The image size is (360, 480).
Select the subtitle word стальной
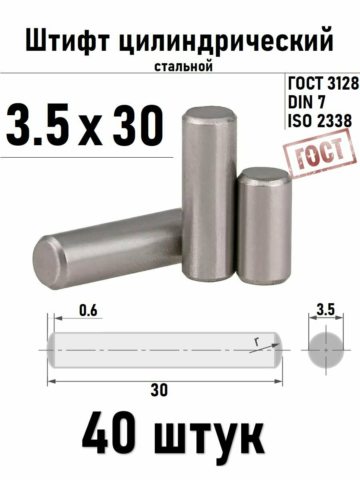183,66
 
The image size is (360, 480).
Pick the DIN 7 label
307,102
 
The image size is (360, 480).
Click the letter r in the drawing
256,341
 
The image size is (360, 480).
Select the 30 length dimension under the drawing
159,390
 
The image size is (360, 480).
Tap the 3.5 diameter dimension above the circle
325,310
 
